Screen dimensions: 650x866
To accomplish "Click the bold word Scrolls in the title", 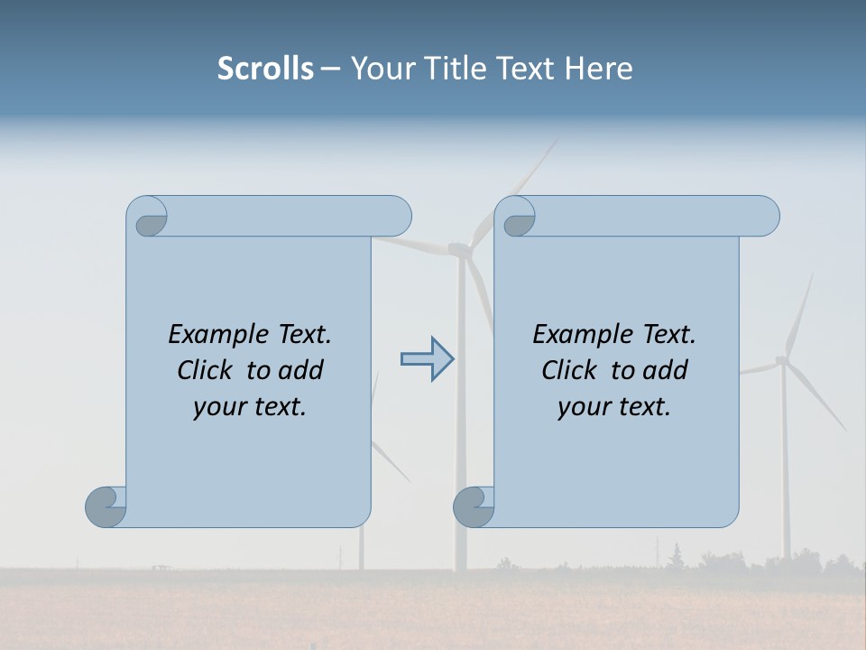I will (x=265, y=69).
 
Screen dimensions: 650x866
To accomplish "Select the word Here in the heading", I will (x=598, y=69).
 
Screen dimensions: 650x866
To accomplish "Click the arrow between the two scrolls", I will (x=427, y=359).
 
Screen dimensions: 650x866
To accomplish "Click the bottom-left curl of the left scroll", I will (x=106, y=506).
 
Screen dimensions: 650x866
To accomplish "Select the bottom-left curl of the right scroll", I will (x=474, y=506).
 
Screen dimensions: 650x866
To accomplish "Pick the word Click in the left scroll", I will (x=207, y=370).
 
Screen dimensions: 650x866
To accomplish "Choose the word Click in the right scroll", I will (x=571, y=370).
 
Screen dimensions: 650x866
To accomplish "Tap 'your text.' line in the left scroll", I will (x=250, y=406).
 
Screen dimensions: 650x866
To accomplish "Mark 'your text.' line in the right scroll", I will (x=614, y=406).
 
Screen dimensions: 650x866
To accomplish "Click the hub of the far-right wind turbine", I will (x=781, y=361).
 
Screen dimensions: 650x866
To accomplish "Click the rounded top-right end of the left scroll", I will (x=397, y=216).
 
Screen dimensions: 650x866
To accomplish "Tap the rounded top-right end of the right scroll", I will (x=765, y=216).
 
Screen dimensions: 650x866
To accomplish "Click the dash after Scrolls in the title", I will (x=330, y=70).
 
